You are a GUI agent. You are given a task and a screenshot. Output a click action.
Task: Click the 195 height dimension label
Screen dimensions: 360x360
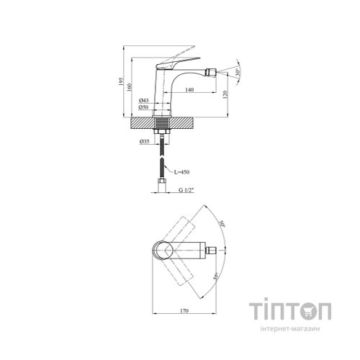pos(121,81)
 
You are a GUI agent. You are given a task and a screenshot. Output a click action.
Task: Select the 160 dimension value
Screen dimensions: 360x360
pos(130,87)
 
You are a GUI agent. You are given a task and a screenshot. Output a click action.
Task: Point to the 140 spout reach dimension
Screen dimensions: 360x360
pos(189,90)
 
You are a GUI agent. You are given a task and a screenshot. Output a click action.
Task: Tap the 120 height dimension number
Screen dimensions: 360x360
pos(225,94)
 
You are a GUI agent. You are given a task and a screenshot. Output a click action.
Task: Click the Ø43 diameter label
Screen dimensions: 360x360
pos(143,100)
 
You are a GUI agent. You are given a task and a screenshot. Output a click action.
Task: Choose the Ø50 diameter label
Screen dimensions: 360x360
pos(143,107)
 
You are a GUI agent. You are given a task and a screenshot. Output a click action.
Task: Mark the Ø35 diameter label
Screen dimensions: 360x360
pos(144,142)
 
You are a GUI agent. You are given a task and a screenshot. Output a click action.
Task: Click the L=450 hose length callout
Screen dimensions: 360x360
pos(182,172)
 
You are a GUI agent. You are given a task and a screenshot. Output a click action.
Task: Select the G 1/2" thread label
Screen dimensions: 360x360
pos(186,190)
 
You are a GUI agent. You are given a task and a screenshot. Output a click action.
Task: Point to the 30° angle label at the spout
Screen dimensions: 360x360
pos(238,72)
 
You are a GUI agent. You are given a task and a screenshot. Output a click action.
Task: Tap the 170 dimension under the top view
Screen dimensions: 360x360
pos(184,311)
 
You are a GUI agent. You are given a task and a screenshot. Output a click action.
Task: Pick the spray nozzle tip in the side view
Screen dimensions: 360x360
pos(212,71)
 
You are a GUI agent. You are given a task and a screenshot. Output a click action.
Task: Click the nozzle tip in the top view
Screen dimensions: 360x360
pos(212,251)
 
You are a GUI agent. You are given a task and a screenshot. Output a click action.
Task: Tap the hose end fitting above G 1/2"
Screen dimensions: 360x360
pos(162,185)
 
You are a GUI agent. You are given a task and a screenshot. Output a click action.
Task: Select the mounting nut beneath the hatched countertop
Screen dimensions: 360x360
pos(162,132)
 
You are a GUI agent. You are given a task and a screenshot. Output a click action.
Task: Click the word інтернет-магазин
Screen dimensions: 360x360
pos(290,328)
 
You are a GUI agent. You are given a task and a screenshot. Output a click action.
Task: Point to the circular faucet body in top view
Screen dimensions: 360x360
pos(163,251)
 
